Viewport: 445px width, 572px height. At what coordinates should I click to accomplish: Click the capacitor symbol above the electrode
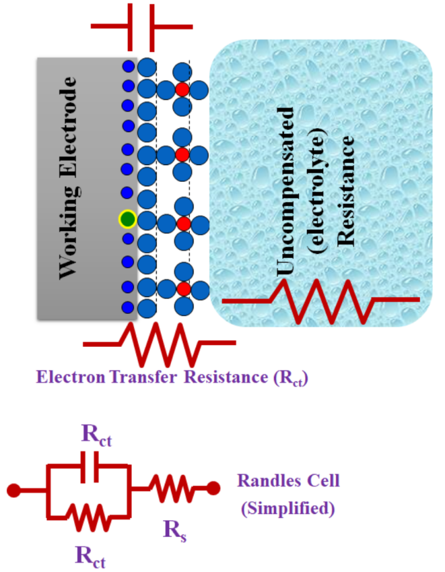(x=141, y=27)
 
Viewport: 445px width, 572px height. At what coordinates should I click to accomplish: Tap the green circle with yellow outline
(x=127, y=219)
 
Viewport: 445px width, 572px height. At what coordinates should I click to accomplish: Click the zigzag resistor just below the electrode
(x=159, y=344)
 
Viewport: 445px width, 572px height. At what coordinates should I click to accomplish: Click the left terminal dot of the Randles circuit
(x=13, y=488)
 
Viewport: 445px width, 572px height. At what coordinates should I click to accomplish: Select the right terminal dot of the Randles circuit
(x=213, y=488)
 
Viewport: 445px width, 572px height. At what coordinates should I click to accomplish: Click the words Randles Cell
(x=288, y=481)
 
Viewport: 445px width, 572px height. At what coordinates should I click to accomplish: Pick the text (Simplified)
(x=288, y=508)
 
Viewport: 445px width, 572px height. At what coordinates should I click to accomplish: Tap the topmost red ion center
(x=182, y=89)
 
